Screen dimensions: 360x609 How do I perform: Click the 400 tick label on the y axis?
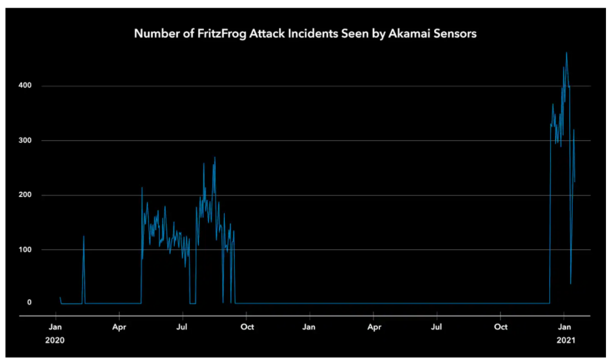[24, 86]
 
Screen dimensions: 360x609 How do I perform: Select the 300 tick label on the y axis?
[24, 141]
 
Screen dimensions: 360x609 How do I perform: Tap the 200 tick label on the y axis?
[24, 195]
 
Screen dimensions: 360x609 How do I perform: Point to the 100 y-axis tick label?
[24, 250]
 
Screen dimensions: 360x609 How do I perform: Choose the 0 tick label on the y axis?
[28, 303]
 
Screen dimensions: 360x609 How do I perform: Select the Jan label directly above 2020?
[55, 327]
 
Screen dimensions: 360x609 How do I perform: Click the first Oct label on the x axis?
[247, 327]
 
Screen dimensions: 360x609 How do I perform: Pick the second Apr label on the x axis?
[374, 327]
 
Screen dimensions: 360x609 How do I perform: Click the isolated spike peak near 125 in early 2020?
[84, 237]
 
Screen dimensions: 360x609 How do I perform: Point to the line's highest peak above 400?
[566, 52]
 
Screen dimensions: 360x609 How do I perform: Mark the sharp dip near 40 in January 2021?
[570, 284]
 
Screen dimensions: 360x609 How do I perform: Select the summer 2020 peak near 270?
[215, 157]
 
